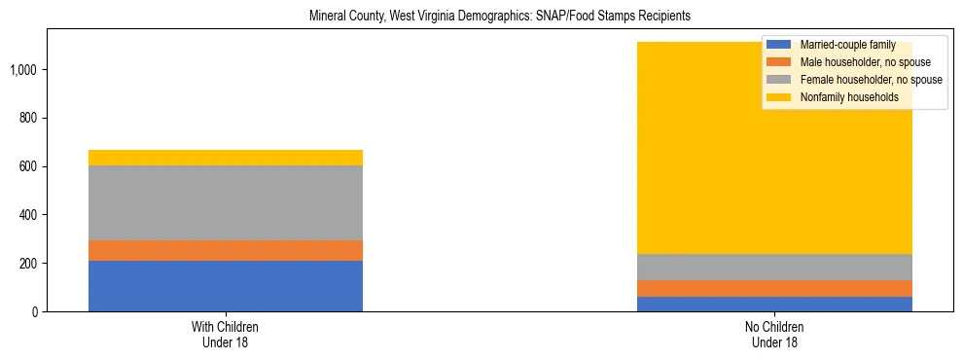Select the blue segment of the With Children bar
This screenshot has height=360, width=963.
coord(226,286)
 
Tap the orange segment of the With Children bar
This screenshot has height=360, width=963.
coord(226,250)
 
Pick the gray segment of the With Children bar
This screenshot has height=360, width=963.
coord(226,202)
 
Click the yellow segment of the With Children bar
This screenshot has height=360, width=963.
coord(226,158)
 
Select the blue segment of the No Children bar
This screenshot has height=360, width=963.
coord(775,304)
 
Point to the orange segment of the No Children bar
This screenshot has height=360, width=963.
coord(775,288)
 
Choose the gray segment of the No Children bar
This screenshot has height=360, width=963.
coord(775,267)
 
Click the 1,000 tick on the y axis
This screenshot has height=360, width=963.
coord(24,70)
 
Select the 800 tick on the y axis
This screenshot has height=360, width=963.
coord(29,119)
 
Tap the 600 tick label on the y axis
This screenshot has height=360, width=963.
coord(29,166)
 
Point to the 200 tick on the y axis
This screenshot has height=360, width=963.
coord(29,264)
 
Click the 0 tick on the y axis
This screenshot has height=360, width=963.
coord(35,312)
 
